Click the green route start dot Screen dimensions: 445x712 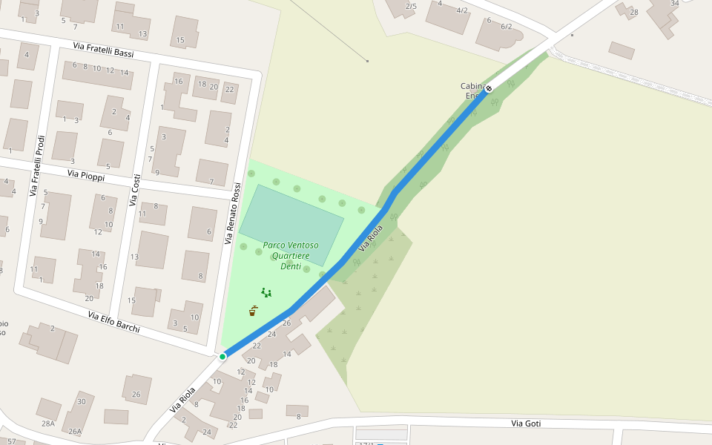tap(222, 357)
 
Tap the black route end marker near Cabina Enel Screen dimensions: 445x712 tap(489, 89)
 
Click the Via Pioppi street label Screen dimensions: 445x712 tap(86, 175)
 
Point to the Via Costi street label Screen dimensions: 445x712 tap(135, 190)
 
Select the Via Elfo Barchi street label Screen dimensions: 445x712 tap(113, 322)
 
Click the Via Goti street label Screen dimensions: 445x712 tap(526, 423)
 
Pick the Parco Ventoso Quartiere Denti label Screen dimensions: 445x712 tap(290, 255)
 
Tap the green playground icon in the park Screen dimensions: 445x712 tap(266, 293)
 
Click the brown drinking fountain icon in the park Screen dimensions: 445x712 tap(253, 311)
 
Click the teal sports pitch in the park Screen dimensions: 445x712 tap(291, 225)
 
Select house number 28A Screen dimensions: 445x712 tap(48, 423)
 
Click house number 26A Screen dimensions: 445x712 tap(75, 431)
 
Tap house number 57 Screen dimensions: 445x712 tap(11, 441)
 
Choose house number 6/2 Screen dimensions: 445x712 tap(507, 26)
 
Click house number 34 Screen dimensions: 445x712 tap(674, 3)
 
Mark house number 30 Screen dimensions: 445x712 tap(82, 401)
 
